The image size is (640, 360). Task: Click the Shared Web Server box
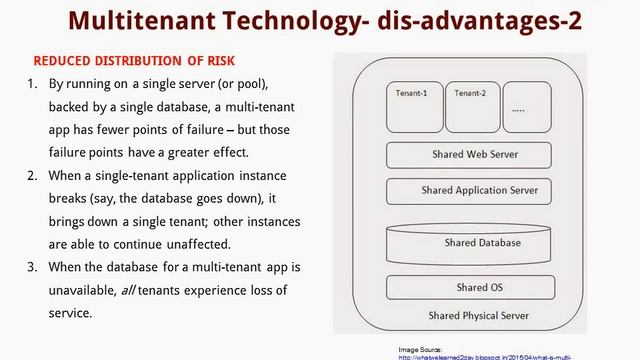point(468,156)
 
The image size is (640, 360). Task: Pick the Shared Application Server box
point(468,190)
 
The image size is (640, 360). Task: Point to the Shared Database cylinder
point(468,243)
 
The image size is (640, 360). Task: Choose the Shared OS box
point(468,288)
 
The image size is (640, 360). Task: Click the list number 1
point(32,84)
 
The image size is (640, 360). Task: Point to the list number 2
point(32,175)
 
